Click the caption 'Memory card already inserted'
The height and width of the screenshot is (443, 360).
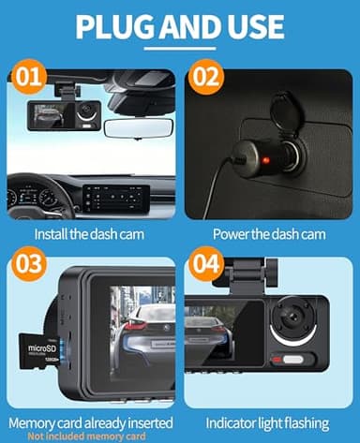(x=90, y=422)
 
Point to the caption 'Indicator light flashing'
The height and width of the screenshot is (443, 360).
(x=270, y=422)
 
